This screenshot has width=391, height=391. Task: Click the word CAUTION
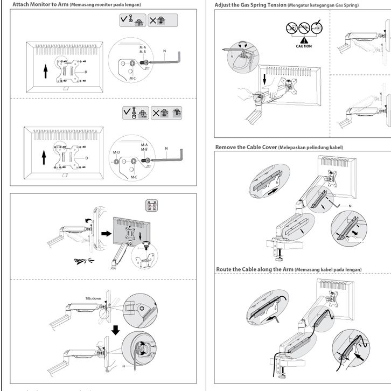[x=304, y=46]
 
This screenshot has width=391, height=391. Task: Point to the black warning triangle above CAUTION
[x=304, y=39]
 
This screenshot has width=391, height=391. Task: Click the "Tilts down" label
[x=92, y=297]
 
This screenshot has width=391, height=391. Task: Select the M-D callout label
[x=116, y=152]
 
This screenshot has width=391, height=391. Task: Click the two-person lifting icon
[x=152, y=206]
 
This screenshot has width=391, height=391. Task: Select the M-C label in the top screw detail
[x=133, y=78]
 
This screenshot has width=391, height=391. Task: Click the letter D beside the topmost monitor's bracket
[x=86, y=71]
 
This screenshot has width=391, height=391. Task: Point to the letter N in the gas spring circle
[x=233, y=56]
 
